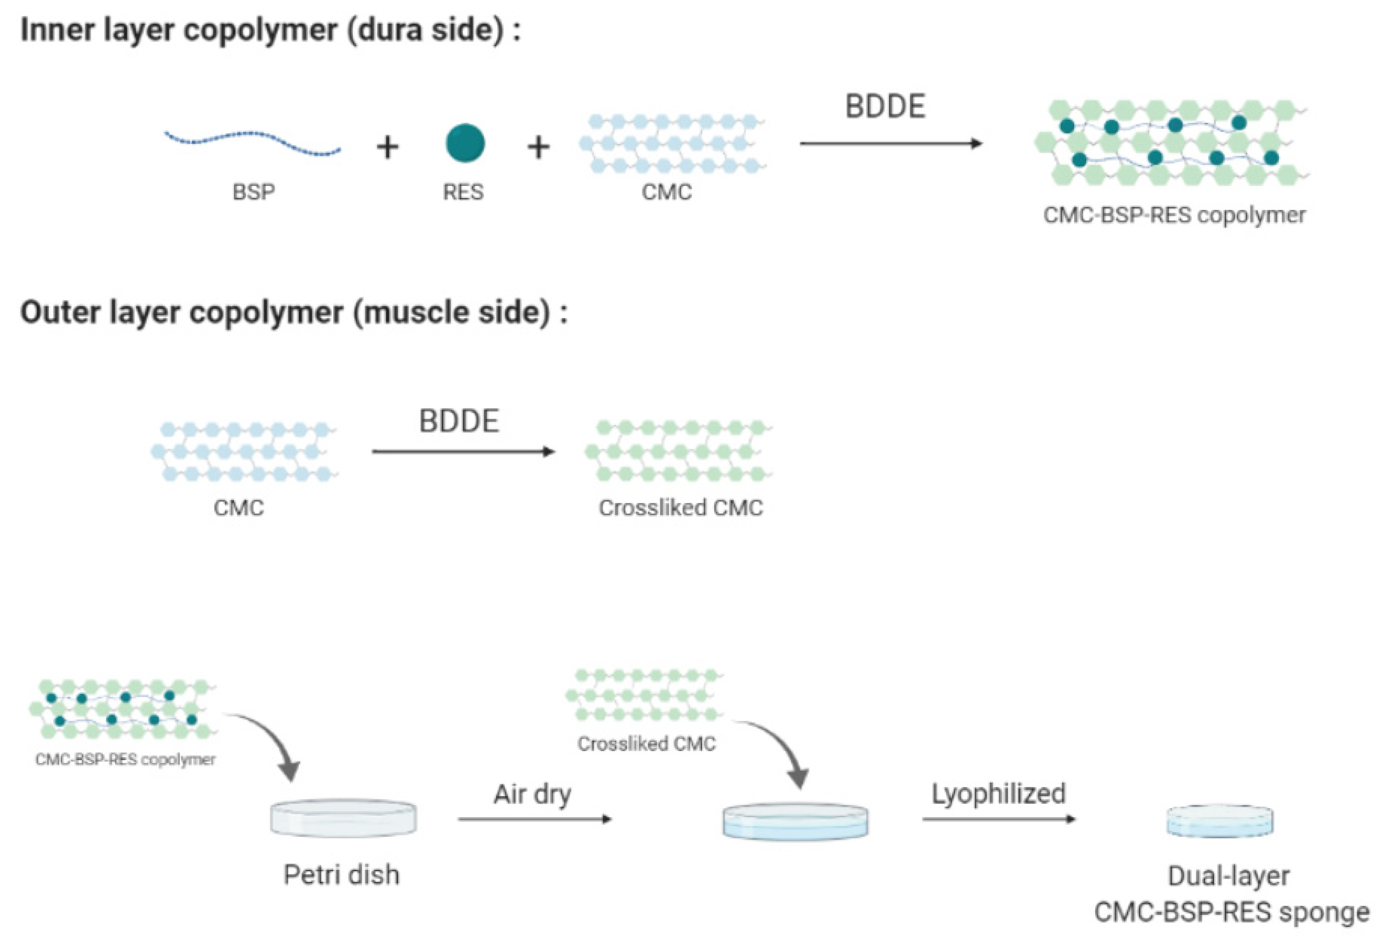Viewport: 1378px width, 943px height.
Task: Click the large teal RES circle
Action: [x=465, y=143]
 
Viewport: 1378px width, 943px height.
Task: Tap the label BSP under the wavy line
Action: [x=253, y=192]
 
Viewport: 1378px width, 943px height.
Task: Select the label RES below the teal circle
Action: [x=463, y=192]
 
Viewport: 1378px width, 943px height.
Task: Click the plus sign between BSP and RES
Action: [x=387, y=147]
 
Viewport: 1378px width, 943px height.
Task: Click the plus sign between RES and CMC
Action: [x=538, y=147]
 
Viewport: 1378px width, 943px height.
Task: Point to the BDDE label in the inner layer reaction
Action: [x=885, y=107]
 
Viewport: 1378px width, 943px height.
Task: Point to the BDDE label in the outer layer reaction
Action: [x=459, y=421]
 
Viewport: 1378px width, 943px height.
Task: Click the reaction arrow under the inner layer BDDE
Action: [x=891, y=144]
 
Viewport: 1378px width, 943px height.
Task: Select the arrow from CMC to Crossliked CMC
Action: [x=463, y=452]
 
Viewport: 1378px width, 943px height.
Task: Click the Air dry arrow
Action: [x=535, y=819]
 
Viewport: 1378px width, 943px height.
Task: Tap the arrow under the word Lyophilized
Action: [x=998, y=819]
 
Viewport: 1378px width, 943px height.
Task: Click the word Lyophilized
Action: [x=998, y=793]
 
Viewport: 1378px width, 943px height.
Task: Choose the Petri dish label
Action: [x=342, y=875]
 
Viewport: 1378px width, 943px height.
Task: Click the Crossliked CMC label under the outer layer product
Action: [x=681, y=508]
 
